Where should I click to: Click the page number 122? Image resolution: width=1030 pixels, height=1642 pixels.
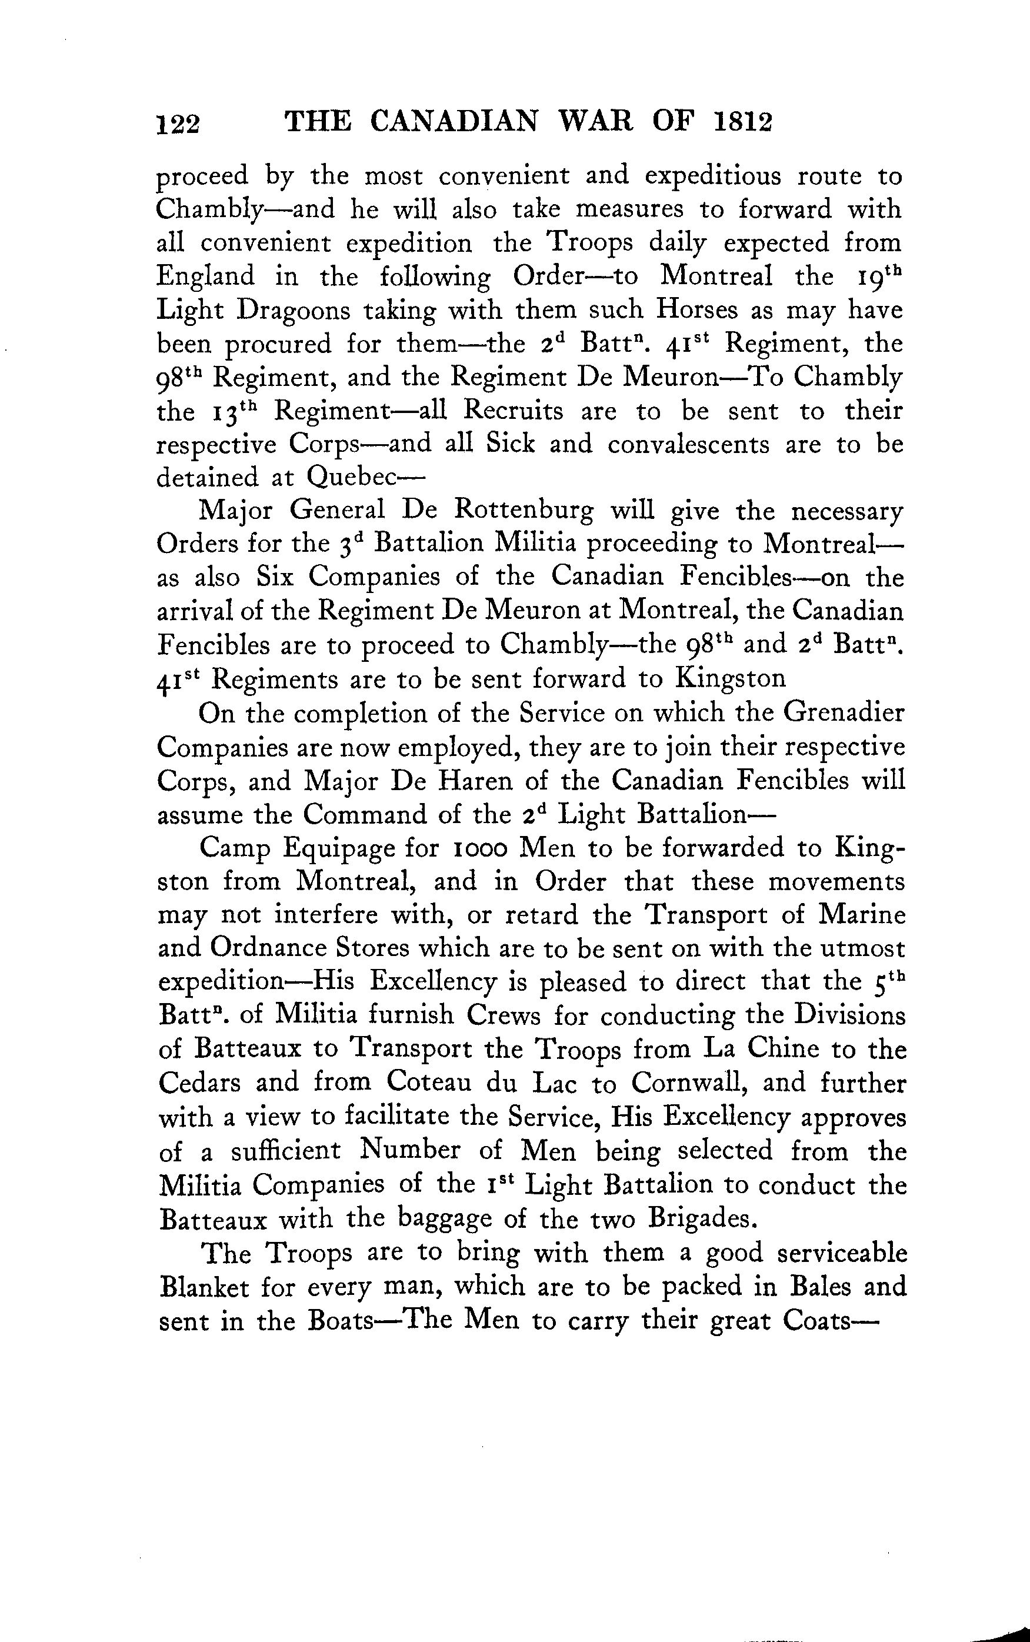coord(178,125)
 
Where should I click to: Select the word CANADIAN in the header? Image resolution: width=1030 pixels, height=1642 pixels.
coord(454,122)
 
